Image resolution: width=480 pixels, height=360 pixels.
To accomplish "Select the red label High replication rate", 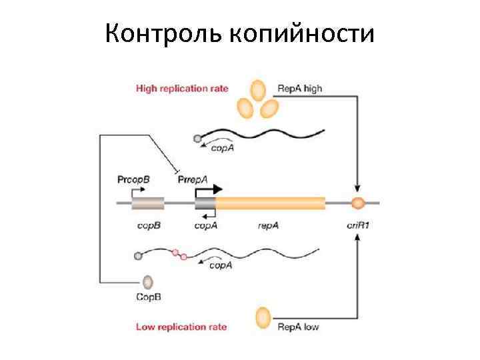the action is point(182,88).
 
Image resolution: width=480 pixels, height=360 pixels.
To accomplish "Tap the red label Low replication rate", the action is point(181,327).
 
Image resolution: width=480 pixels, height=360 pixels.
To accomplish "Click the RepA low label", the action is point(298,327).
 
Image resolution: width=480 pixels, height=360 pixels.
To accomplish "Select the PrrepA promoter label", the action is point(193,179).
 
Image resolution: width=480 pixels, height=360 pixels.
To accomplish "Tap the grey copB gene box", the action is point(147,203).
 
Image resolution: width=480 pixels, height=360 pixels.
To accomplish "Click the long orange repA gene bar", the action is point(270,203).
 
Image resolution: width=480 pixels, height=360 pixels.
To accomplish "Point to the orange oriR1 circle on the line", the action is point(359,203).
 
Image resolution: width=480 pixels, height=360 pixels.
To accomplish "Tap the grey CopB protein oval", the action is point(147,282).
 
